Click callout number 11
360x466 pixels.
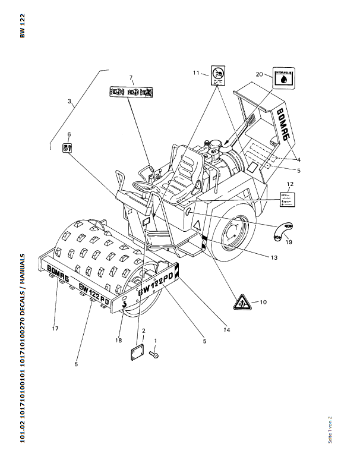(196, 73)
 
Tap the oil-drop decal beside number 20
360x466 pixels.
(285, 78)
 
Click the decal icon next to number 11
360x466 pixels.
(217, 75)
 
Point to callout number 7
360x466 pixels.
(132, 77)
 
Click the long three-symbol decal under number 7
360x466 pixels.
(131, 93)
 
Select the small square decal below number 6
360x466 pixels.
(68, 146)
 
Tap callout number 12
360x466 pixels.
(290, 184)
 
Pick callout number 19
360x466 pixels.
(289, 242)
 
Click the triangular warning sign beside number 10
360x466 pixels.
(241, 301)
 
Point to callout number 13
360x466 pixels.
(274, 257)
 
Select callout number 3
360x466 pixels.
(70, 102)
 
